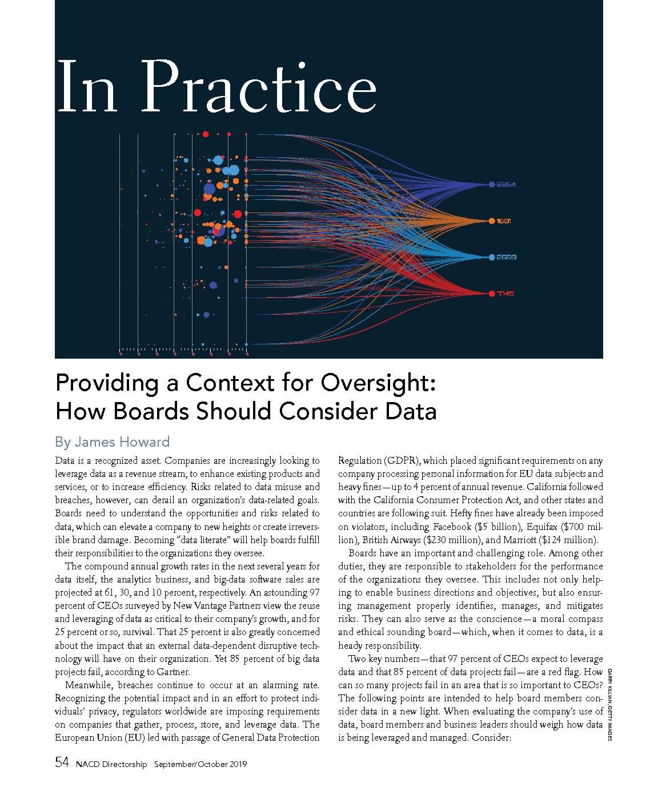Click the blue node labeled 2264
click(491, 184)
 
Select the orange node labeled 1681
click(491, 221)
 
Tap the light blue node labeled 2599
click(492, 258)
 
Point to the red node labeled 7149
click(492, 294)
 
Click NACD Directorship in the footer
click(111, 764)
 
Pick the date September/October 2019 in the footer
click(200, 764)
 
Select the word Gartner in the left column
click(171, 672)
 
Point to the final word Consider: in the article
click(489, 738)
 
